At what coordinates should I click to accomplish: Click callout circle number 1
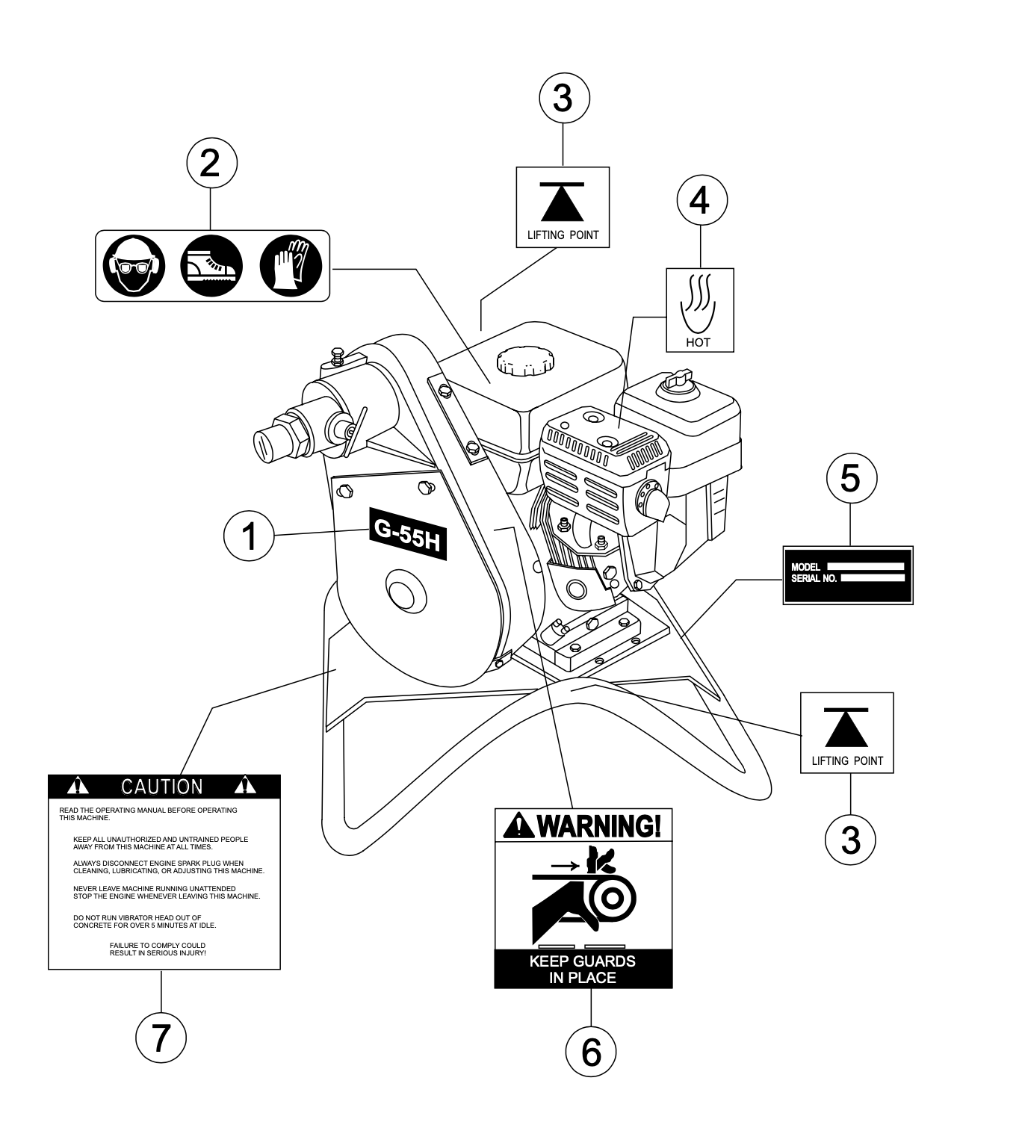[x=250, y=536]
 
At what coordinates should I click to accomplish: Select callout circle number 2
[x=211, y=162]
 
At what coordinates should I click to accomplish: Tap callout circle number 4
[x=702, y=200]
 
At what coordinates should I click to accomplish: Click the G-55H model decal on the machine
[x=407, y=533]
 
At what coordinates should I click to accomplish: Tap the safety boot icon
[x=212, y=266]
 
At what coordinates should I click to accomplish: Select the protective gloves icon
[x=291, y=266]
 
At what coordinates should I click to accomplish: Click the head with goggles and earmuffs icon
[x=133, y=266]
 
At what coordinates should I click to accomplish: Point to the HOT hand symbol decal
[x=700, y=310]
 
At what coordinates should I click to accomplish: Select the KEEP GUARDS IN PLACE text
[x=583, y=969]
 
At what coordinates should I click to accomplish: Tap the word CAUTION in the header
[x=162, y=787]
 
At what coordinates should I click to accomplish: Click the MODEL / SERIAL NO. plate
[x=848, y=574]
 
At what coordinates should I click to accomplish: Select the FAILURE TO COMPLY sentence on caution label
[x=158, y=949]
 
